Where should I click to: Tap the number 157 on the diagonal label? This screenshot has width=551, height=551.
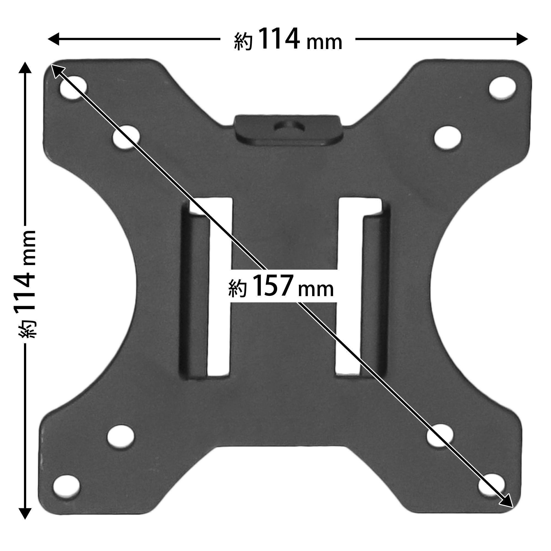tap(272, 286)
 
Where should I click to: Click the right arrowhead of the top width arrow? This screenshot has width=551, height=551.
tap(522, 39)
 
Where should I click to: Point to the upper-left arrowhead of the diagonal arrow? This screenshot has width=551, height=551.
tap(56, 70)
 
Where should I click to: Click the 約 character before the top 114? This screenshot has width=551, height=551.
tap(243, 42)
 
